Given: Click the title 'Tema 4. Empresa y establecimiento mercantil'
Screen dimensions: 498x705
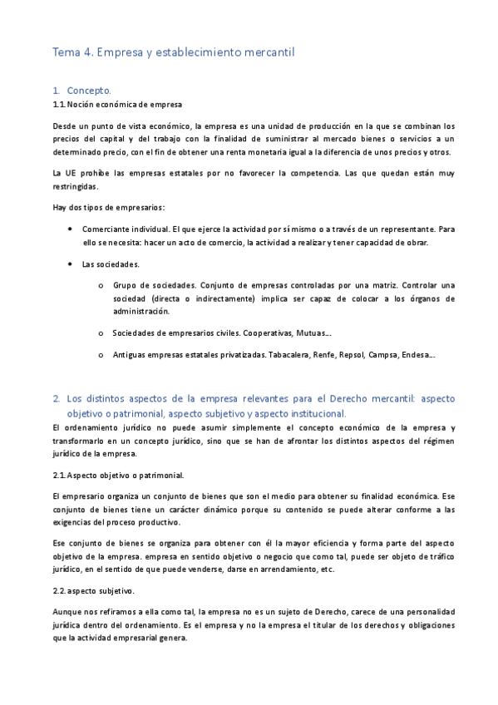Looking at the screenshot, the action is pyautogui.click(x=174, y=52).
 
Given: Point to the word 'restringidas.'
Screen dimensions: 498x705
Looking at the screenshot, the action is pyautogui.click(x=75, y=187).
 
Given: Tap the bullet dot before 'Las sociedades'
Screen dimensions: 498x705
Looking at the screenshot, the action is pyautogui.click(x=72, y=264).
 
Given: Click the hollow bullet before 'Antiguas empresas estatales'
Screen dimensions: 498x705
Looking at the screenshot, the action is pyautogui.click(x=101, y=356).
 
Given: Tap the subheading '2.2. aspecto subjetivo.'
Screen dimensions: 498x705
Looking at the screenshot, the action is pyautogui.click(x=93, y=591).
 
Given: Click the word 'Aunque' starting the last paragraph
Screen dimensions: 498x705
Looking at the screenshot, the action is pyautogui.click(x=67, y=612).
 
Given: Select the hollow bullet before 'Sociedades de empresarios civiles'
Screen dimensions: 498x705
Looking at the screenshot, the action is pyautogui.click(x=101, y=334).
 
